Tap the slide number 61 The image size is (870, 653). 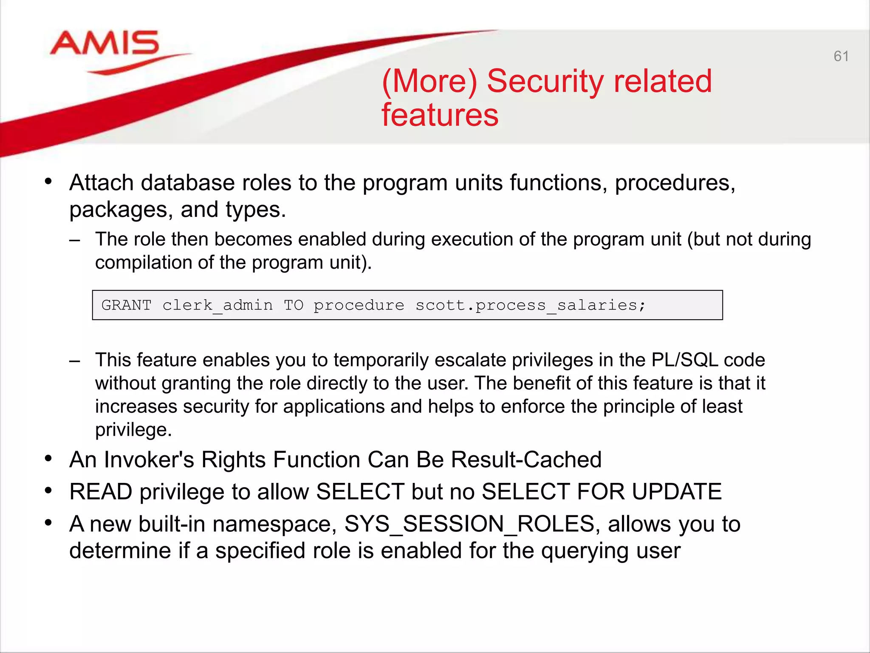pyautogui.click(x=841, y=56)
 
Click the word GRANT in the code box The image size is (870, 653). pyautogui.click(x=126, y=305)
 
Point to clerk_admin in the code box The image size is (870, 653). pyautogui.click(x=217, y=305)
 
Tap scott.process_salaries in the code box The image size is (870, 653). pyautogui.click(x=530, y=305)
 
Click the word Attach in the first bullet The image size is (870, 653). pyautogui.click(x=102, y=183)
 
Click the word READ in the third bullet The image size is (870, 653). pyautogui.click(x=101, y=492)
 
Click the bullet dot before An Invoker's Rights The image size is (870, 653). pyautogui.click(x=48, y=458)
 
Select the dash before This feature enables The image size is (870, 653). pyautogui.click(x=75, y=361)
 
